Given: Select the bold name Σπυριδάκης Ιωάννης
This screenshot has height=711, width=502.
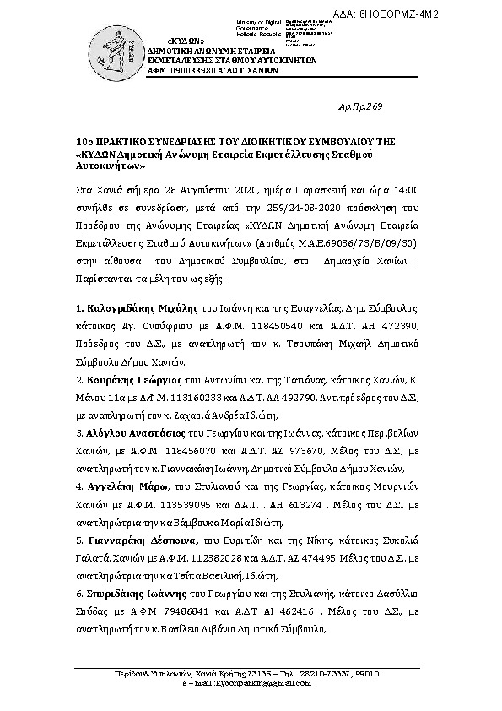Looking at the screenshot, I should point(135,593).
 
